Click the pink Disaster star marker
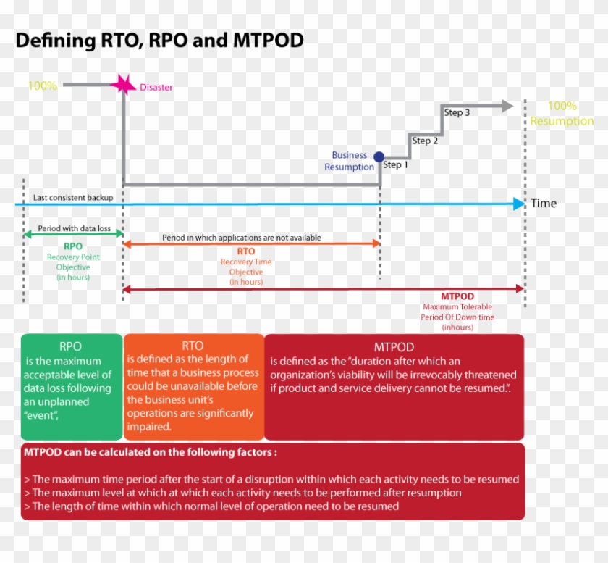123,85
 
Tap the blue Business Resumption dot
379,157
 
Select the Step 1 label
396,165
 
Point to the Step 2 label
425,141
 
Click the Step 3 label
457,112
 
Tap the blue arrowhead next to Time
518,204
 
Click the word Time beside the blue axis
544,204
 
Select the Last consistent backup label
72,197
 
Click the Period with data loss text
75,228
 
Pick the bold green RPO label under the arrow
73,246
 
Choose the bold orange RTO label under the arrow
246,251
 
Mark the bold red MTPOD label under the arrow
457,296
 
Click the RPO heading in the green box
71,346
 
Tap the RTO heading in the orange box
193,346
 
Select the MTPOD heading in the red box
394,347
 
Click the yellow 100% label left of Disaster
42,86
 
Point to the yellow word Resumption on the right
562,121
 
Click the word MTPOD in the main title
268,40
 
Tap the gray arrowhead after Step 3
507,106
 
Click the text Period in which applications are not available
242,238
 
